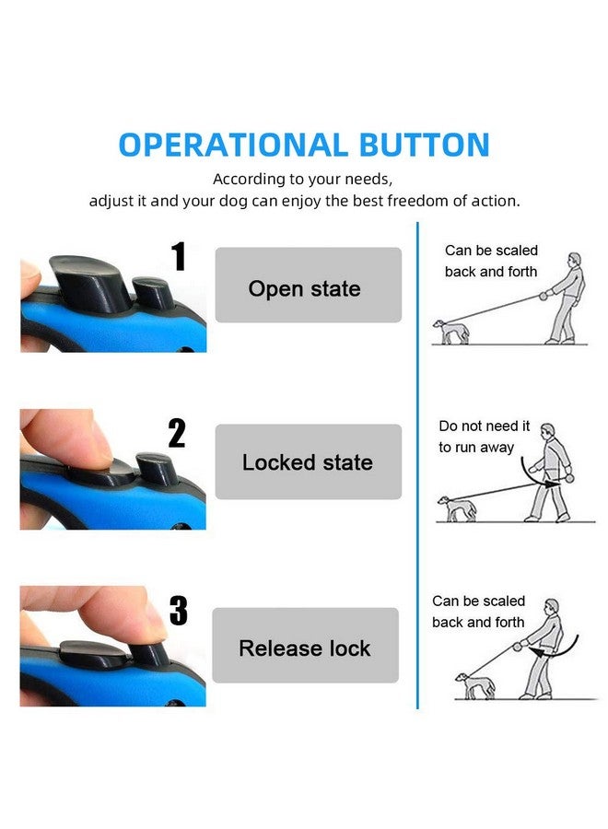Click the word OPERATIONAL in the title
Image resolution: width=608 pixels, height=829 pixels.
click(233, 145)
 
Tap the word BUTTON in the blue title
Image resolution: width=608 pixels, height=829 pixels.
click(424, 145)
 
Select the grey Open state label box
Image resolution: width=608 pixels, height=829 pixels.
click(309, 285)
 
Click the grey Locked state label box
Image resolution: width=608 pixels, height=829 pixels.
click(309, 461)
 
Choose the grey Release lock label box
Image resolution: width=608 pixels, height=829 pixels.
click(306, 646)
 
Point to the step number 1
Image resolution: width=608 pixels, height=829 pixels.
click(179, 256)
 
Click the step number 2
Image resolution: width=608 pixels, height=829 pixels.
click(177, 433)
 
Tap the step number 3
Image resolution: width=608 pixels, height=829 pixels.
click(179, 610)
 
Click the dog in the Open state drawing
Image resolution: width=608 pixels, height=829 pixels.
click(450, 332)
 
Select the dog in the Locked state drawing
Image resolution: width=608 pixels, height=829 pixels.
click(457, 508)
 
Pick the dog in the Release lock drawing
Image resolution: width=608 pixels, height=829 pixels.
click(475, 686)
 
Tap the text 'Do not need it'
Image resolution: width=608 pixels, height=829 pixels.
click(484, 426)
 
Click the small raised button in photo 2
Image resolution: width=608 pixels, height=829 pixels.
click(155, 469)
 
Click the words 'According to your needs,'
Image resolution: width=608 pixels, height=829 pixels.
click(303, 180)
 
